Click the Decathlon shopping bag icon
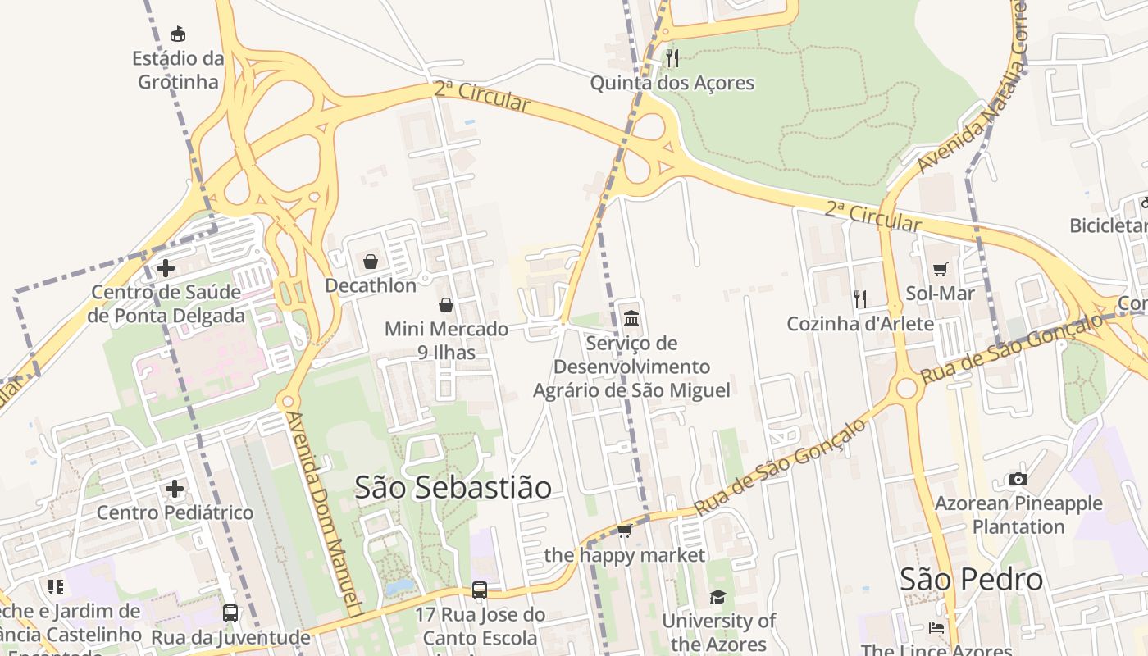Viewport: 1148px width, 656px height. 371,262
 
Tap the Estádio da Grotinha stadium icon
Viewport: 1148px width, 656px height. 178,34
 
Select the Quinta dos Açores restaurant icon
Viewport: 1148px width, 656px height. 672,57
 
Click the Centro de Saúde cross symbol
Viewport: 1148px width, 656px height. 166,268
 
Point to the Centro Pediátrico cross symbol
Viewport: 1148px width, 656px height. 174,490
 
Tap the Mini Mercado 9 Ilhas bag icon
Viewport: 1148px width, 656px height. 446,305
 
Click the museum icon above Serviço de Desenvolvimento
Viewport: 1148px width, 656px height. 631,318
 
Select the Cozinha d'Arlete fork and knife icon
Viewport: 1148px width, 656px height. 860,299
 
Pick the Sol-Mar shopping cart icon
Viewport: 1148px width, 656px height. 941,269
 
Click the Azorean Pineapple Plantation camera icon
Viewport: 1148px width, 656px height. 1018,479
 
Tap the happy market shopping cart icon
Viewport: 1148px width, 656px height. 624,531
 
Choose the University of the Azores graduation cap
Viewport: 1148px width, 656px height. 718,597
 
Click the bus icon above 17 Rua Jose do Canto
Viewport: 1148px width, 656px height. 480,590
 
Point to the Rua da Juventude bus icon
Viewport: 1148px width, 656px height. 230,613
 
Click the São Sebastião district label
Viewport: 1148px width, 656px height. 453,487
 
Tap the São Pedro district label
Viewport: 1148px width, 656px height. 971,579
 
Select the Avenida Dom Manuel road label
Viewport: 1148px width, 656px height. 324,512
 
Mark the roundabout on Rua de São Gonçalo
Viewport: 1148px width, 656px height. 906,388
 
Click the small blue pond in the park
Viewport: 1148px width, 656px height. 399,587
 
